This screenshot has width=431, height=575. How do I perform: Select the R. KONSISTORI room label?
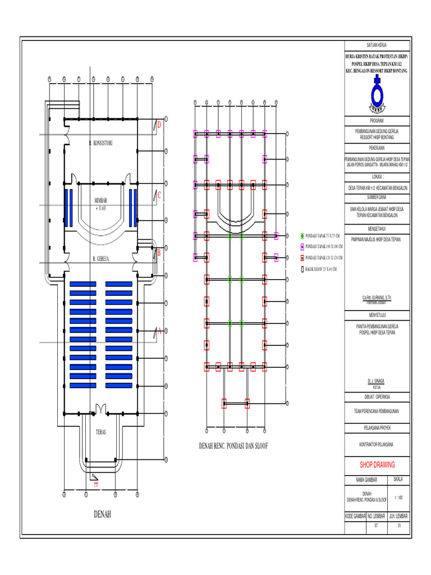(101, 143)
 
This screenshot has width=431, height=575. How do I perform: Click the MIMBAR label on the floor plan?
(100, 200)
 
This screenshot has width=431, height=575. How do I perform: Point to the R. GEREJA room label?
(100, 259)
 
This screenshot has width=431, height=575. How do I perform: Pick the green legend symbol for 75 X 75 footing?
(302, 236)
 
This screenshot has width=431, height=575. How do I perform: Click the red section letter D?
(159, 125)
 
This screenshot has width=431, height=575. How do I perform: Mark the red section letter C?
(159, 195)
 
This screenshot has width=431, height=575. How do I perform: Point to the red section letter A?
(159, 331)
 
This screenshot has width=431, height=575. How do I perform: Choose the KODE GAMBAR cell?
(355, 515)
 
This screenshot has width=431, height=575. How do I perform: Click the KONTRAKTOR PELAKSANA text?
(377, 445)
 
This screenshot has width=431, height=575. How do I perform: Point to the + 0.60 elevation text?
(100, 208)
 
